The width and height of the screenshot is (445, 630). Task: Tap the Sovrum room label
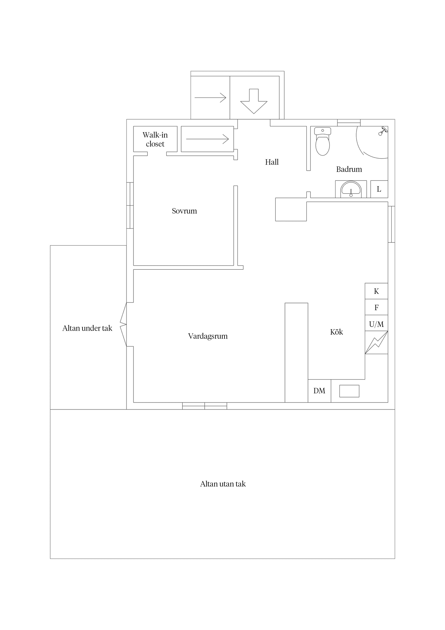click(x=184, y=211)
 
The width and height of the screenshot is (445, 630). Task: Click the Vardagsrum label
click(x=208, y=336)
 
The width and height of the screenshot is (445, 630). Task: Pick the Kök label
click(x=336, y=332)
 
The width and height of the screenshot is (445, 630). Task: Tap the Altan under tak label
click(x=87, y=328)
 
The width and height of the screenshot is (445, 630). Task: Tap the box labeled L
click(x=379, y=189)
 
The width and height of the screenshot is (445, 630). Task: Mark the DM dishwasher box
click(x=319, y=391)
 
